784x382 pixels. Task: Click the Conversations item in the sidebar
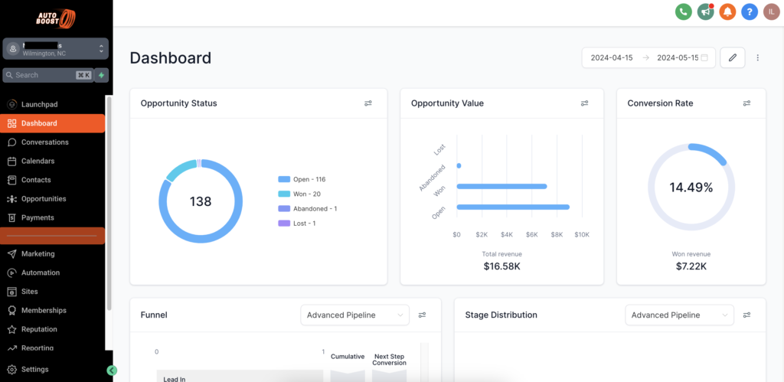(x=44, y=142)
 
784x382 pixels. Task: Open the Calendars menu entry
(x=38, y=161)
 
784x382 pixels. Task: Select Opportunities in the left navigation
(x=44, y=199)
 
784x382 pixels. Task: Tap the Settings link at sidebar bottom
(x=34, y=370)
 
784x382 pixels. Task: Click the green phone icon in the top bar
(x=683, y=11)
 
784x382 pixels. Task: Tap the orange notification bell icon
(x=727, y=11)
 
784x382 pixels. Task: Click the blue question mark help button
(x=750, y=11)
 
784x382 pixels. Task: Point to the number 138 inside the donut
(x=201, y=202)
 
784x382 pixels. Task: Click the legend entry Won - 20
(x=306, y=194)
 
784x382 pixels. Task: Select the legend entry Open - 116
(x=309, y=179)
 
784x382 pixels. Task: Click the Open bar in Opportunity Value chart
(x=513, y=207)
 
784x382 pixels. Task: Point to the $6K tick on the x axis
(x=531, y=234)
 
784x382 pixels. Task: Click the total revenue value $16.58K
(x=501, y=266)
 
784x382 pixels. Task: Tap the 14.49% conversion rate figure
(x=691, y=188)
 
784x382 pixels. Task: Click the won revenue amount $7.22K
(x=691, y=266)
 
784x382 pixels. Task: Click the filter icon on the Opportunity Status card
(x=368, y=103)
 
